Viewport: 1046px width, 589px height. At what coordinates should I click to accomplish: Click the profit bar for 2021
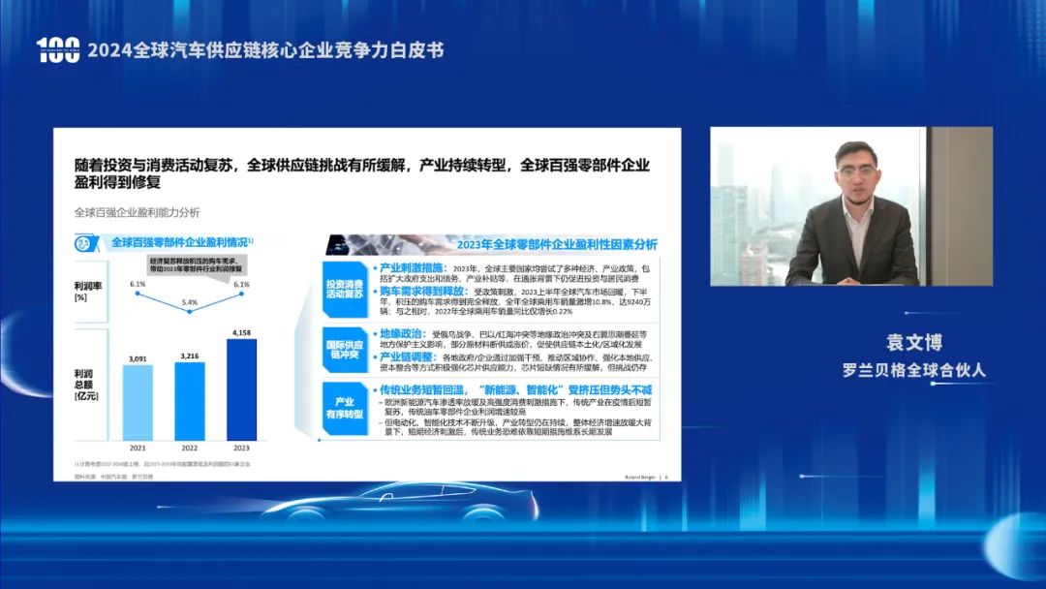[x=138, y=400]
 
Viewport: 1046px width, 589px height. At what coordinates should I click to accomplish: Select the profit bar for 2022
[x=190, y=398]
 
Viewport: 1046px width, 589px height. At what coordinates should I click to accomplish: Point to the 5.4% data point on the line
[x=190, y=312]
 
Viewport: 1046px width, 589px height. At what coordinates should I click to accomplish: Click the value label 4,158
[x=241, y=333]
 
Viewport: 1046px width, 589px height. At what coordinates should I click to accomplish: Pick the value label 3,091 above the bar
[x=138, y=359]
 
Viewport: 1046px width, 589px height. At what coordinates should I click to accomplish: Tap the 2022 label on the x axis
[x=190, y=448]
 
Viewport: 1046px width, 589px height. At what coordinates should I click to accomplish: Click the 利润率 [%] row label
[x=89, y=291]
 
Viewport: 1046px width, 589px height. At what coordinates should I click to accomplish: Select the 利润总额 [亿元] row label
[x=89, y=385]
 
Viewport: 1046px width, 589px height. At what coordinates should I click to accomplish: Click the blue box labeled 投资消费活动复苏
[x=344, y=287]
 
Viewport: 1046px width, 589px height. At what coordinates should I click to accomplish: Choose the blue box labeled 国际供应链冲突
[x=344, y=346]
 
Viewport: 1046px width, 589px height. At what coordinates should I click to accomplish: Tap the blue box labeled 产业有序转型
[x=344, y=407]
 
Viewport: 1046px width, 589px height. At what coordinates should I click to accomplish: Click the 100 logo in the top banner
[x=58, y=50]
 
